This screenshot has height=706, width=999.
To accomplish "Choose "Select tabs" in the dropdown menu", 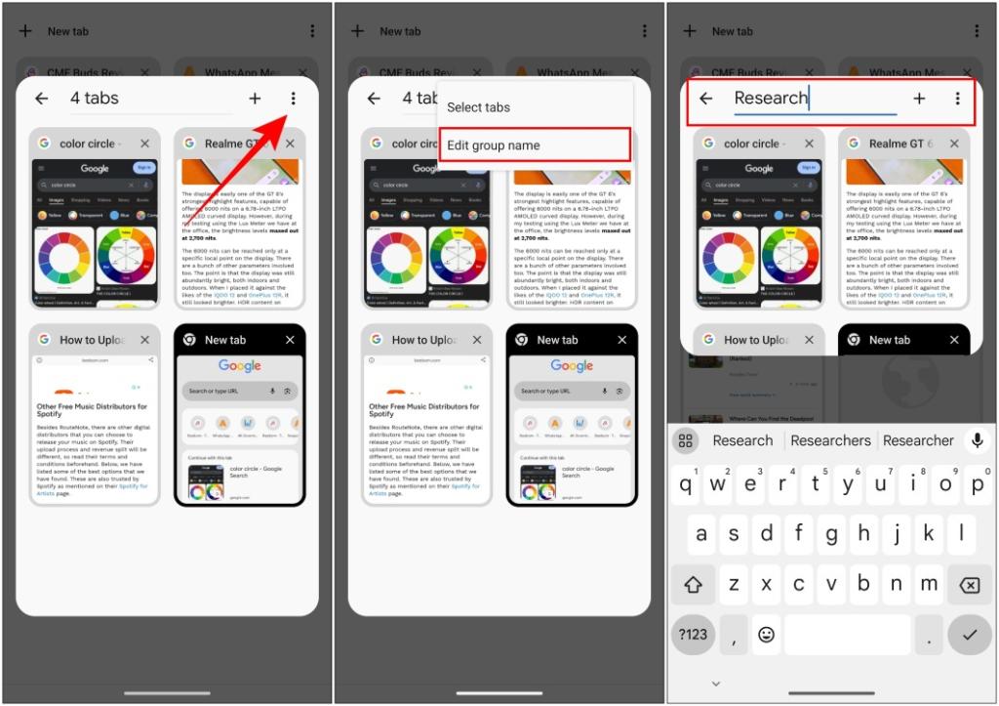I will click(478, 107).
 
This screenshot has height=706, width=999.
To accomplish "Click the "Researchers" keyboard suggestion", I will click(830, 440).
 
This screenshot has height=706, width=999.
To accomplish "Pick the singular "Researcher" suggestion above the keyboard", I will click(918, 440).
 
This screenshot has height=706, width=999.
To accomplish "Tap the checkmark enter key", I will click(969, 635).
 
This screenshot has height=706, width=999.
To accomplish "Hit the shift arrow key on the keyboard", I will click(694, 584).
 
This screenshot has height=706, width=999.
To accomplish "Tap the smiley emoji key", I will click(767, 635).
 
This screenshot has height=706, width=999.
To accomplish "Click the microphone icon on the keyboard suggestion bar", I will click(976, 440).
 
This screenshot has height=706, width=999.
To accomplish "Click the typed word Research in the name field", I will click(771, 99).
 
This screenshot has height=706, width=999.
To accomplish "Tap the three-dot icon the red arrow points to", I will click(294, 99).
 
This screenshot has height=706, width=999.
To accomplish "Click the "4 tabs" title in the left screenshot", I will click(95, 99).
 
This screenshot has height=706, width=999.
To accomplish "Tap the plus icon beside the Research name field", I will click(919, 99).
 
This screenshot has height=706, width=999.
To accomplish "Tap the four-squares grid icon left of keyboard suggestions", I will click(686, 440).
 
